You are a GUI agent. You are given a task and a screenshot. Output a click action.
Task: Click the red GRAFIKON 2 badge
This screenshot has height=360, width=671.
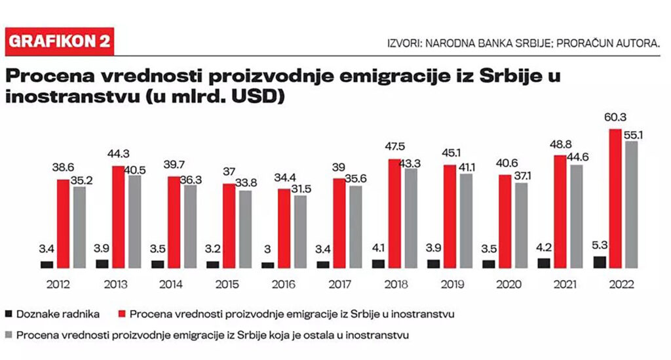(x=59, y=41)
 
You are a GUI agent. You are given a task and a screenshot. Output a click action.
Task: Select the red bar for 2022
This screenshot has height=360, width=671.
(x=615, y=198)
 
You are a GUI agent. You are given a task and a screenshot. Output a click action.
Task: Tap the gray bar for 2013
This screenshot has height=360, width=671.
(x=134, y=221)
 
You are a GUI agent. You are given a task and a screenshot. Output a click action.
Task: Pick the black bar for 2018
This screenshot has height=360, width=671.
(x=379, y=264)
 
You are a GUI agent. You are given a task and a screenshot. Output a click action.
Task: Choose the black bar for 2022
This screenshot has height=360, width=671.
(x=600, y=262)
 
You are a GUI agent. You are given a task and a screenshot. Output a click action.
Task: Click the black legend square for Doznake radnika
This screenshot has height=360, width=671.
(x=9, y=313)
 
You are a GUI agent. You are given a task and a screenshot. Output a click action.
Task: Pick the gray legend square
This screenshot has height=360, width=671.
(x=9, y=335)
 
